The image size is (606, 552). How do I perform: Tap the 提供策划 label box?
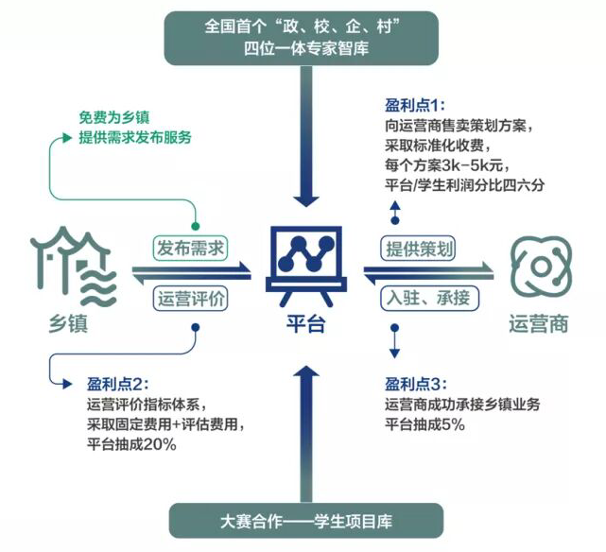418,249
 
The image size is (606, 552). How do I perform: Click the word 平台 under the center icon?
303,325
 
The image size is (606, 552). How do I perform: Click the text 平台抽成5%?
425,424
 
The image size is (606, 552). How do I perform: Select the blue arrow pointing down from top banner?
303,142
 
